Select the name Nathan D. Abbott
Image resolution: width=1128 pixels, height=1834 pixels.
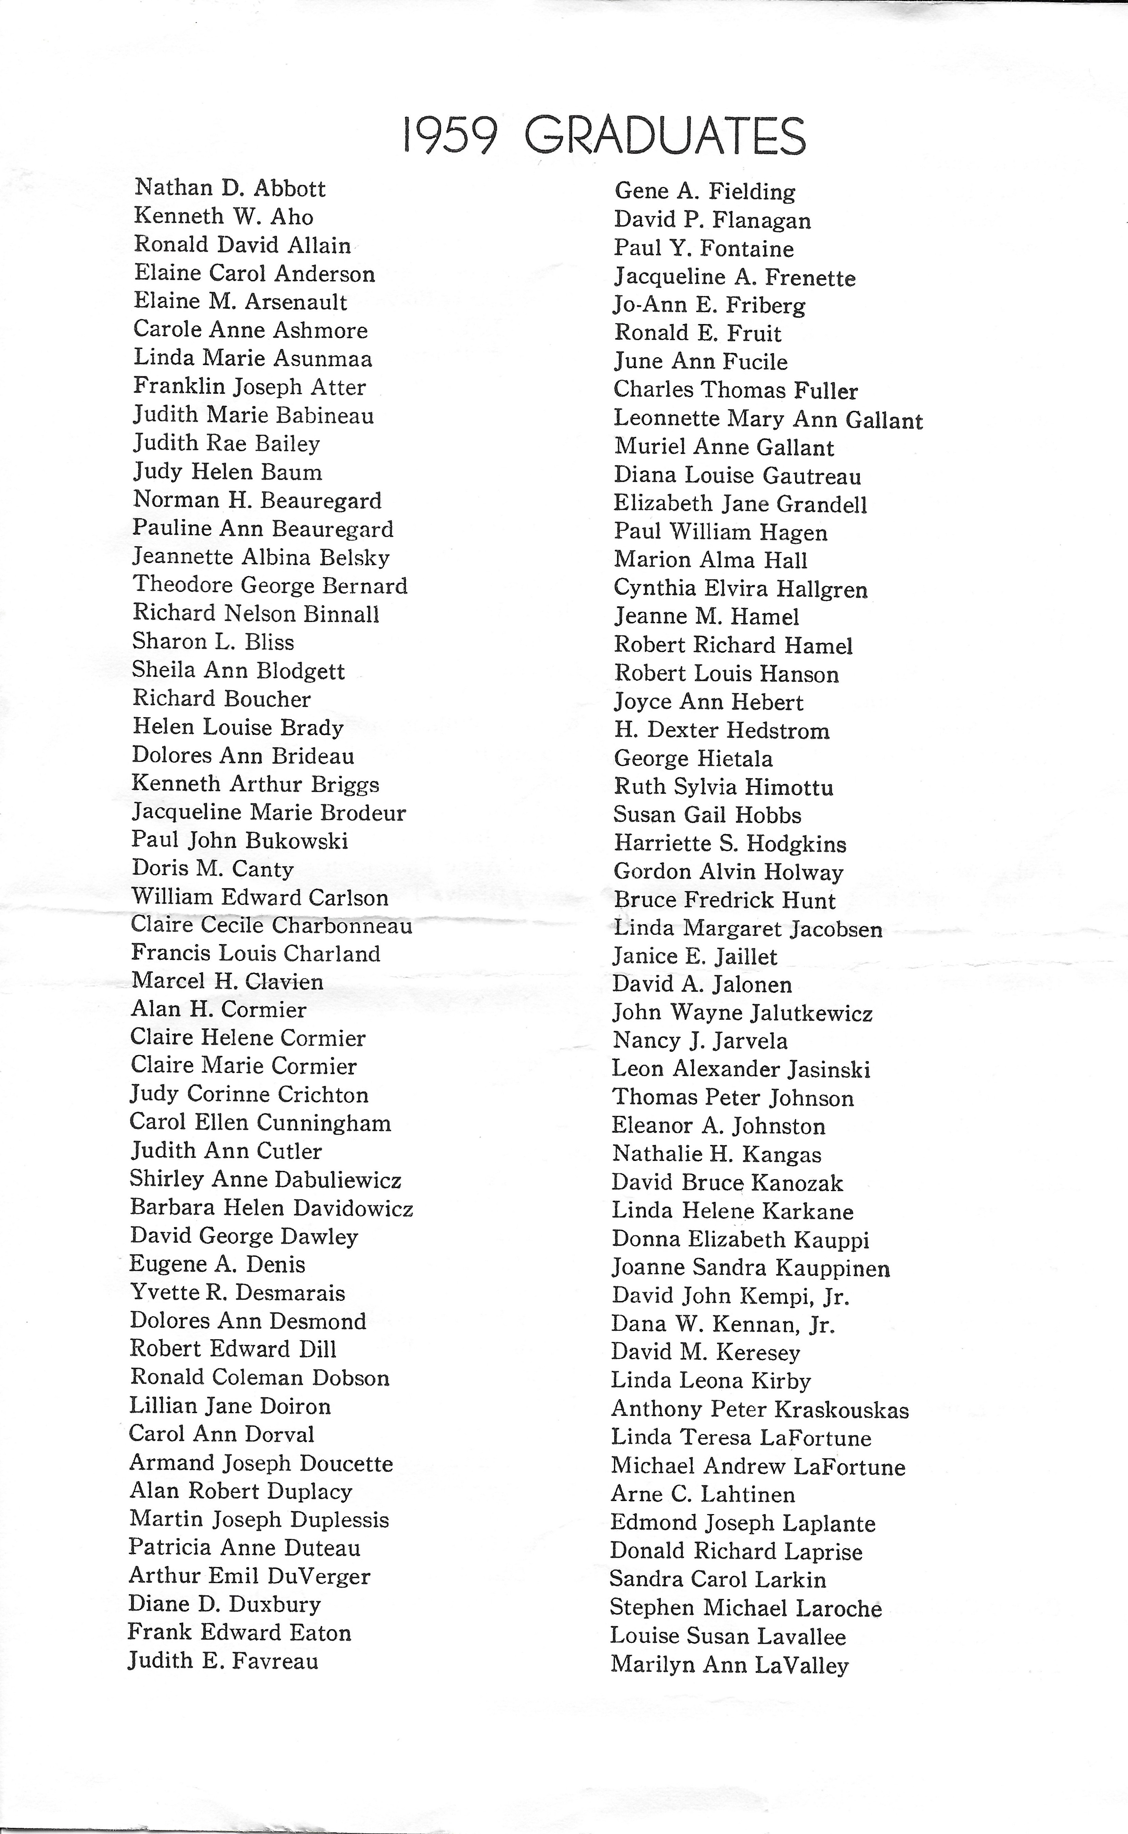click(x=230, y=188)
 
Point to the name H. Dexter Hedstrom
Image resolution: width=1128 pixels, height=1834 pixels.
click(x=721, y=730)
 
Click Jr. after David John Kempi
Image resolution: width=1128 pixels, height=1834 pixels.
click(x=836, y=1297)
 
